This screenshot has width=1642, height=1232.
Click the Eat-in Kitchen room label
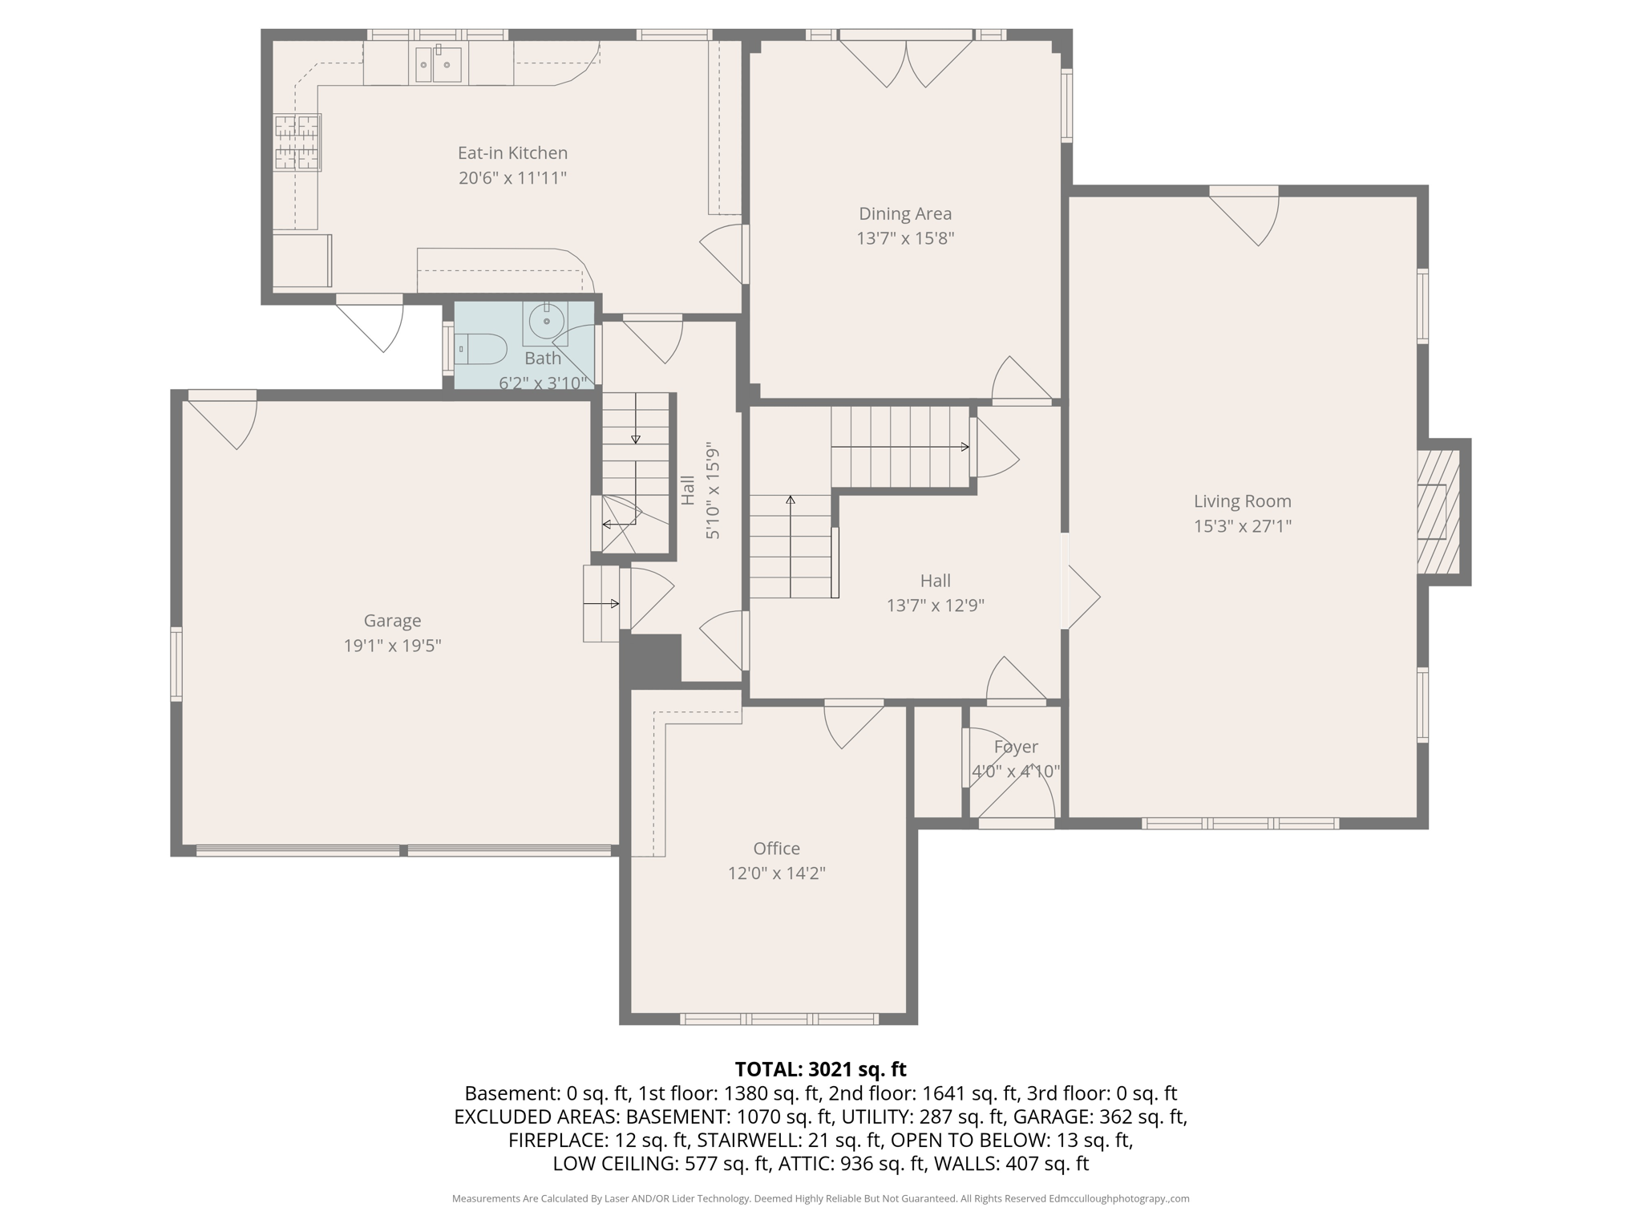tap(512, 152)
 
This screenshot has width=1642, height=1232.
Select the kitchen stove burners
tap(297, 143)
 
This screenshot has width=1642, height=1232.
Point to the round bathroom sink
tap(546, 322)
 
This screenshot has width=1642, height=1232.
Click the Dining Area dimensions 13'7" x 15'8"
tap(905, 238)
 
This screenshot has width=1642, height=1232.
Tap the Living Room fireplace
tap(1438, 512)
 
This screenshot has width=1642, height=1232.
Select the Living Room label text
tap(1242, 501)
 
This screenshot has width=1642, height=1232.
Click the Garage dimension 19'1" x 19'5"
tap(392, 646)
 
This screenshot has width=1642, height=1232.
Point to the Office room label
tap(776, 848)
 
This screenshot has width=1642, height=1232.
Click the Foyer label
tap(1016, 747)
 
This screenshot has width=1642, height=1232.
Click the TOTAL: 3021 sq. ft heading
tap(820, 1069)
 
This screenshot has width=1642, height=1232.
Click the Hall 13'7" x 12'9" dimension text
tap(935, 606)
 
